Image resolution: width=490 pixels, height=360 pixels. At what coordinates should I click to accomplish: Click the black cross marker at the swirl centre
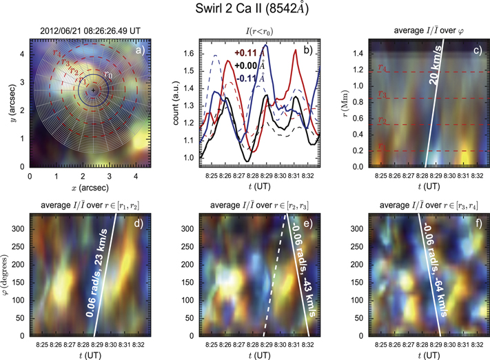94,90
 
